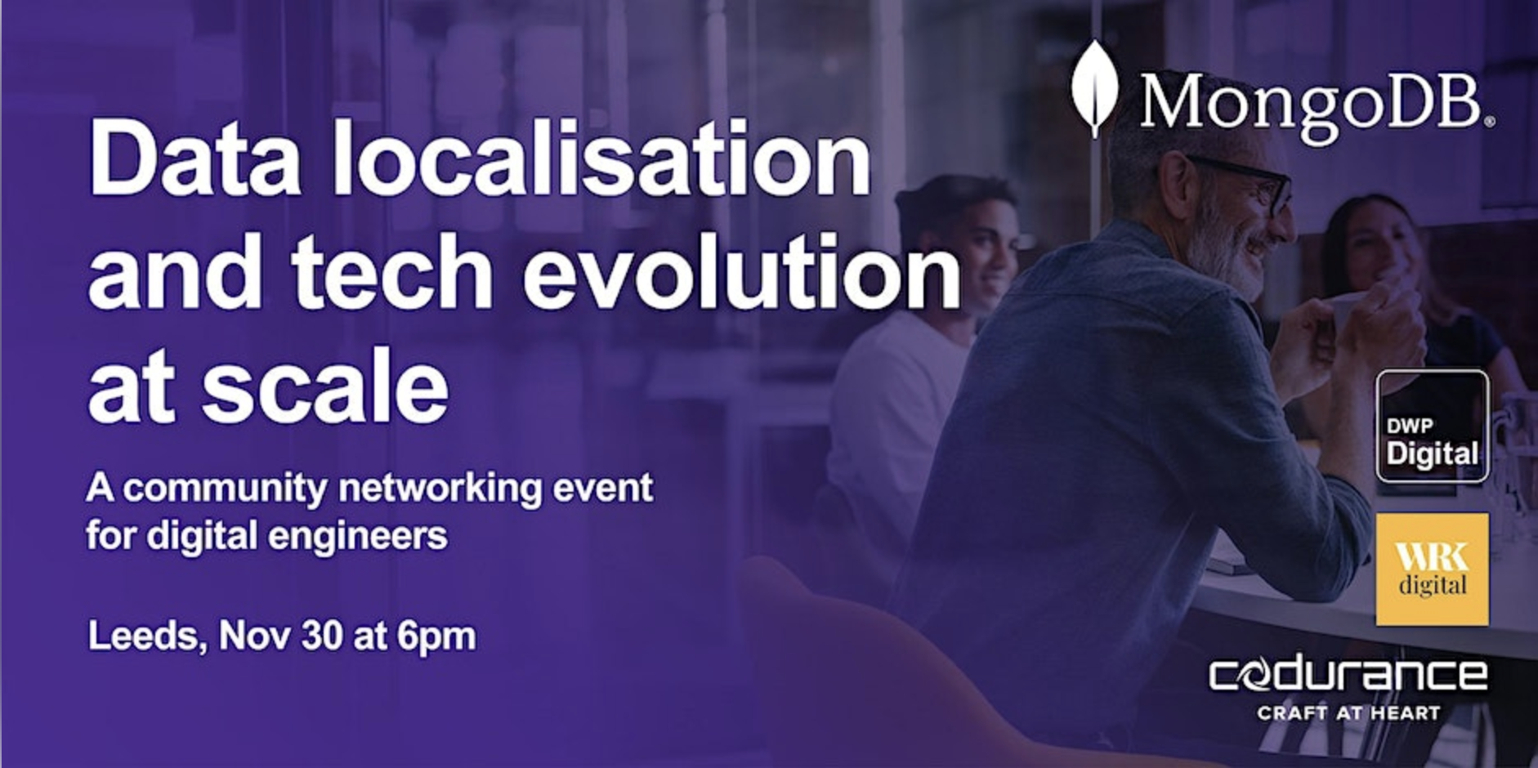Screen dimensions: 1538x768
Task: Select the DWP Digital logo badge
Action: [1433, 426]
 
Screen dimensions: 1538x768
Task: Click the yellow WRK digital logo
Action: [1433, 569]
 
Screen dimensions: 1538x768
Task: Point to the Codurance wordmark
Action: [1348, 675]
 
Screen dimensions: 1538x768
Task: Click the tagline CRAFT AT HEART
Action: [1348, 713]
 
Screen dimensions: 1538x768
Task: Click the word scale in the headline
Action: [325, 382]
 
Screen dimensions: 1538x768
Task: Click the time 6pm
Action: [436, 636]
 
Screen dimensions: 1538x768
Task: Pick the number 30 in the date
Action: [321, 636]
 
